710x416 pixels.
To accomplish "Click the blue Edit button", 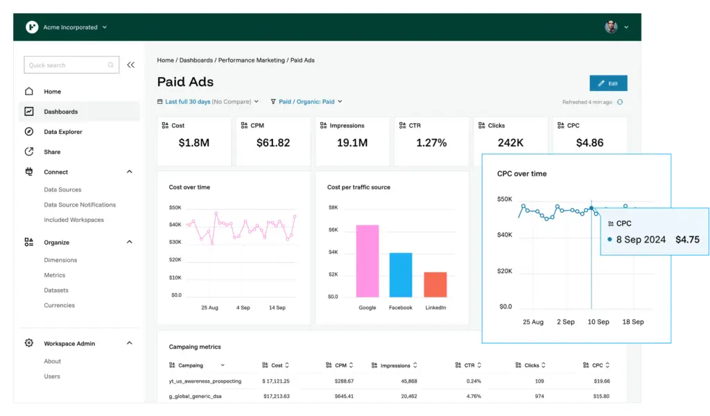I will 608,83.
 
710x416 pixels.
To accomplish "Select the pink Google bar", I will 367,261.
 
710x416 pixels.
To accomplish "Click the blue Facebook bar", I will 401,275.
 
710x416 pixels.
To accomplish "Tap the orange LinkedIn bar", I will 435,284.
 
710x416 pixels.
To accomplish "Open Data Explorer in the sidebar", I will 62,132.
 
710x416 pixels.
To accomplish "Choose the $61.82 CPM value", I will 273,143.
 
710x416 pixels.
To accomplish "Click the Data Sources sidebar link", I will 62,189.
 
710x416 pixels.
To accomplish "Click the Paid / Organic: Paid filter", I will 306,102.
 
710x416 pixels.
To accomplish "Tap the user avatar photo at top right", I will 611,27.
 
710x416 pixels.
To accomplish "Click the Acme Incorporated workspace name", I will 71,28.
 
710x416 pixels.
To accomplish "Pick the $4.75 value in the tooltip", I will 687,240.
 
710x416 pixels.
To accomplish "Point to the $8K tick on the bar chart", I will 333,207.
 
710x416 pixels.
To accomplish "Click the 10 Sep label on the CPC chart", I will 598,322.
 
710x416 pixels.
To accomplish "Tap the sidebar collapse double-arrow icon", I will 130,65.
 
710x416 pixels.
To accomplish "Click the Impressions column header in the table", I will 395,365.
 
